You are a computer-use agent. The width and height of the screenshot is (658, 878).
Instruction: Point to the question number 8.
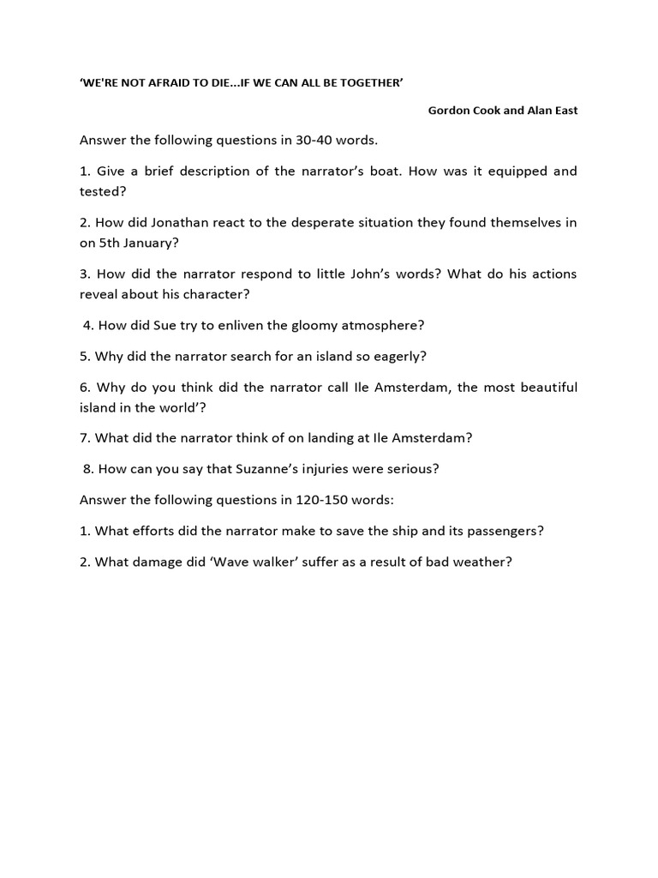coord(87,469)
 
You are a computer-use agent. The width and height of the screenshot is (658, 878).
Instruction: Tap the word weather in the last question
coord(481,562)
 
